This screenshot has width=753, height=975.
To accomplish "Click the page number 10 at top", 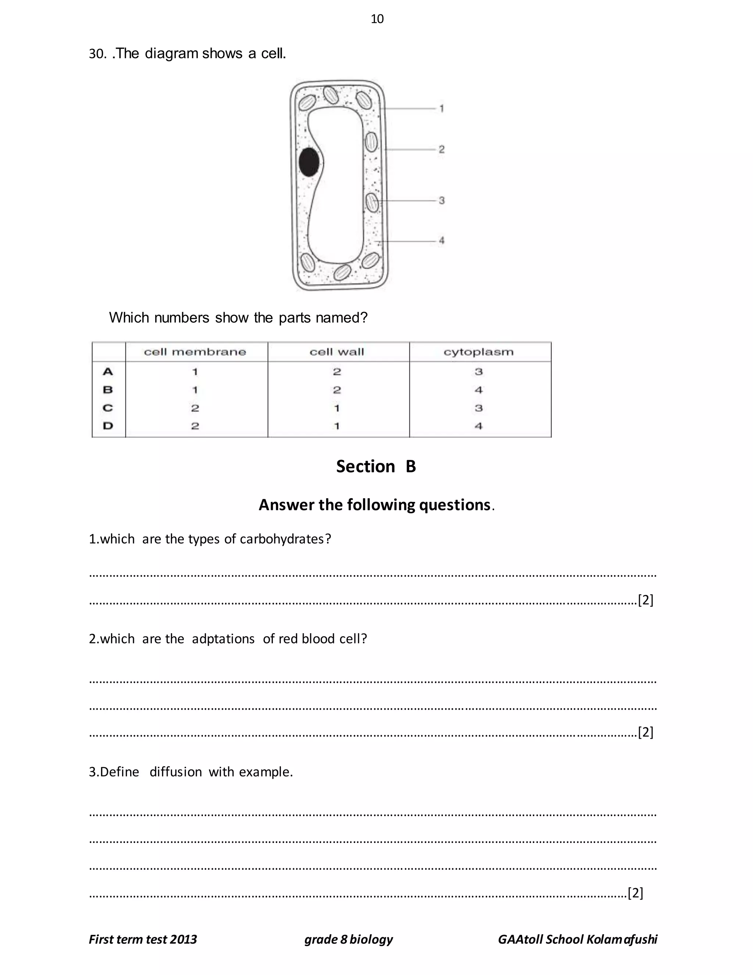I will [x=377, y=19].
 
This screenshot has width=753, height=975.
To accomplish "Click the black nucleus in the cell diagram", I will [x=309, y=162].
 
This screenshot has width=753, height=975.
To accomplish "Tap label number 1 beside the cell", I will [x=441, y=109].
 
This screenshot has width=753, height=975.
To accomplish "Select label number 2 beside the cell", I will [x=441, y=149].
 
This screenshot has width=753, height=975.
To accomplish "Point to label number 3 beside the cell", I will [x=441, y=201].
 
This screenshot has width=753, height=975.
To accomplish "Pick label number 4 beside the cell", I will [x=441, y=241].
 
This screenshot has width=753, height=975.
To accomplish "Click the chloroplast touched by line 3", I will [x=372, y=202].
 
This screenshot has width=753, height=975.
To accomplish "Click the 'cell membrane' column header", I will [x=195, y=352].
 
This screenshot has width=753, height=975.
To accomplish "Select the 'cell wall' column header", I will [x=337, y=352].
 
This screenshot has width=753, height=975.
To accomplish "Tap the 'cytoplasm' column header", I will [x=478, y=352].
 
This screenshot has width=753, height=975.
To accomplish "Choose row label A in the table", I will [x=108, y=372].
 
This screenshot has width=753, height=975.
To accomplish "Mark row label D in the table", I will [x=108, y=426].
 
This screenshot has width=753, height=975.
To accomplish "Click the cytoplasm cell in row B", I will [x=478, y=390].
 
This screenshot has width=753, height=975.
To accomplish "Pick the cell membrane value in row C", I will [x=195, y=408].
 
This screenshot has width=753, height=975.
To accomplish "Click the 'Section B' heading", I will [x=376, y=467].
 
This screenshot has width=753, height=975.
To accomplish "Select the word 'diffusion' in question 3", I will [x=175, y=772].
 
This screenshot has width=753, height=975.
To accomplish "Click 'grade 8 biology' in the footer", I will [x=349, y=939].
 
